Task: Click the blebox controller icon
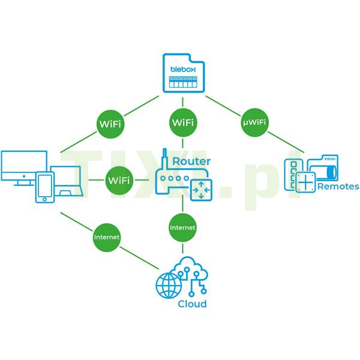pyautogui.click(x=182, y=73)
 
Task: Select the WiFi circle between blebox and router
pyautogui.click(x=182, y=123)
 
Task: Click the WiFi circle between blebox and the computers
pyautogui.click(x=111, y=124)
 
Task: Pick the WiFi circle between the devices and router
pyautogui.click(x=120, y=180)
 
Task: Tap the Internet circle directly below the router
pyautogui.click(x=182, y=228)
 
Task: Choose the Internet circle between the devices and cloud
pyautogui.click(x=107, y=237)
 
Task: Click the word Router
pyautogui.click(x=191, y=161)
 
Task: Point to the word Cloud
pyautogui.click(x=192, y=304)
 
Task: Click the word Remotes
pyautogui.click(x=338, y=187)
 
